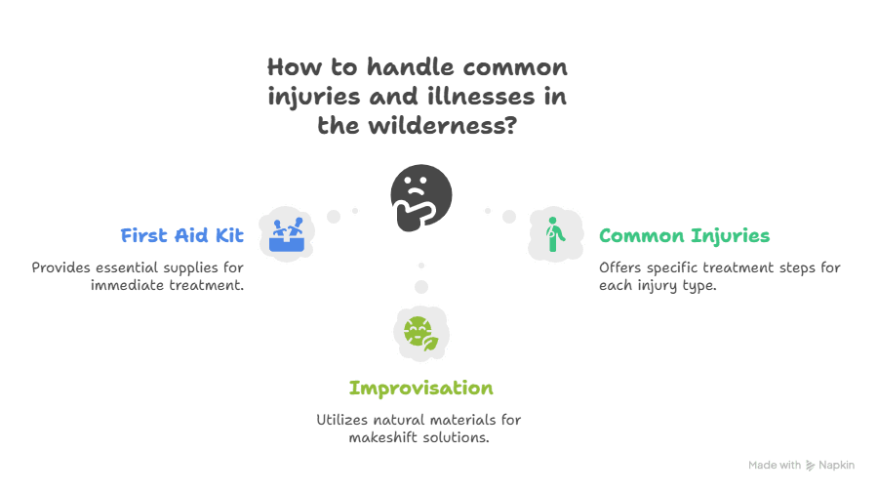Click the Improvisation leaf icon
[x=420, y=333]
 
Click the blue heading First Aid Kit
[x=181, y=235]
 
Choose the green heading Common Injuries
[x=684, y=235]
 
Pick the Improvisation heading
[x=420, y=388]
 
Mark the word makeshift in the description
[x=384, y=437]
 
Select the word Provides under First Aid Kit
[x=60, y=267]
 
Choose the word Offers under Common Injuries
[x=620, y=267]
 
